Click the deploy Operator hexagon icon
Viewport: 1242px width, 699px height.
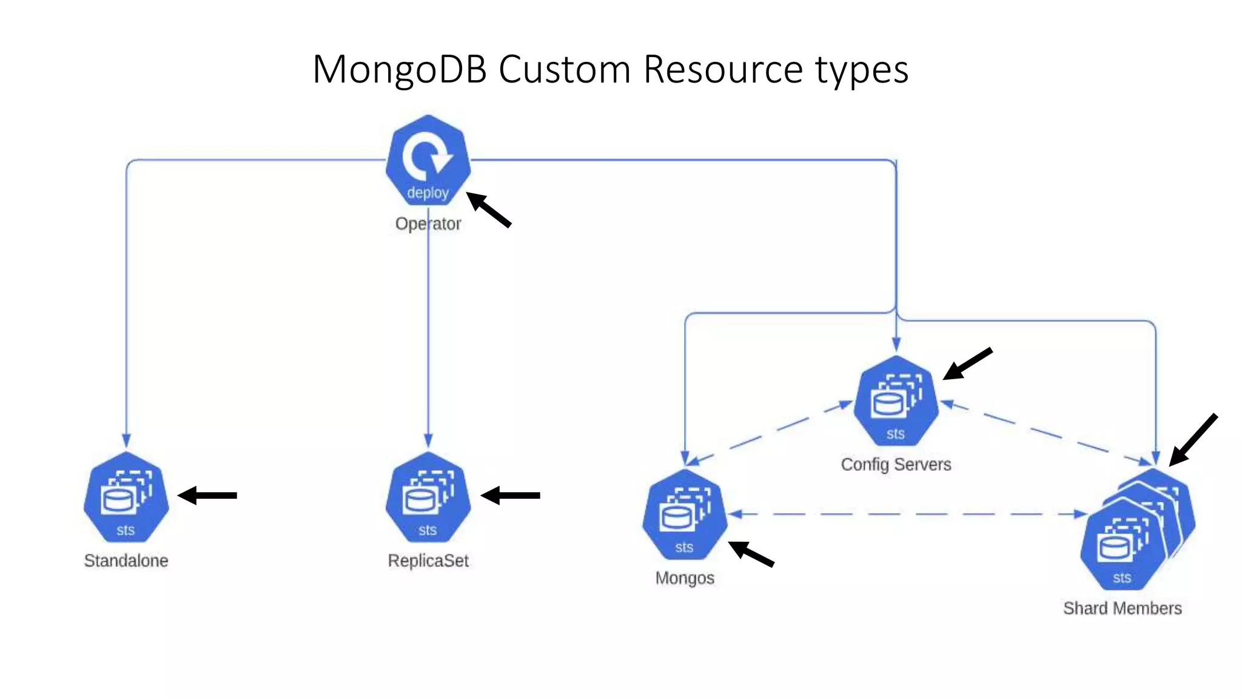428,161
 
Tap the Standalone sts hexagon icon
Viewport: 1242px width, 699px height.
126,498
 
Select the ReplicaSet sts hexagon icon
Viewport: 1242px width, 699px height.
428,498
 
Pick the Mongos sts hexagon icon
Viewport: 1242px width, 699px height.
685,515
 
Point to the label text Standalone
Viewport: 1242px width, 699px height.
126,561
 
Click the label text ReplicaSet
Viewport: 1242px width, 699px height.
428,561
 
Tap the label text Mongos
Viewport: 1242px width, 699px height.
685,578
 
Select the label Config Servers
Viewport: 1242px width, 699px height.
896,465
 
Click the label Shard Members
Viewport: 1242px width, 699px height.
1123,609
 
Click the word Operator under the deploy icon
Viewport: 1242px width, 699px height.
428,224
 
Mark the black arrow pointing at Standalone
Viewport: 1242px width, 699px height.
207,496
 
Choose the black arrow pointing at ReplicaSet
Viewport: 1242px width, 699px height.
511,496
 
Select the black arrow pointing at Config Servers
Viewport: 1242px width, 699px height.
968,363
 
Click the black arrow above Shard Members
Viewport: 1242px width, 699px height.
1193,440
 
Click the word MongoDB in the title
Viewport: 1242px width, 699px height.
400,69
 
